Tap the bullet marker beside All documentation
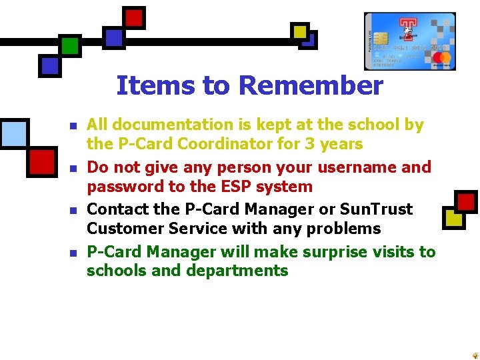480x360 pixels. pos(73,125)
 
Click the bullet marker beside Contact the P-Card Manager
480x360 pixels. pos(73,210)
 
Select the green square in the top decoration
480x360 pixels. pos(70,45)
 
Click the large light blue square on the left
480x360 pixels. pos(14,132)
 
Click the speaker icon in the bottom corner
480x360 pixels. pos(473,355)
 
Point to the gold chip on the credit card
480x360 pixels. pos(381,38)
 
